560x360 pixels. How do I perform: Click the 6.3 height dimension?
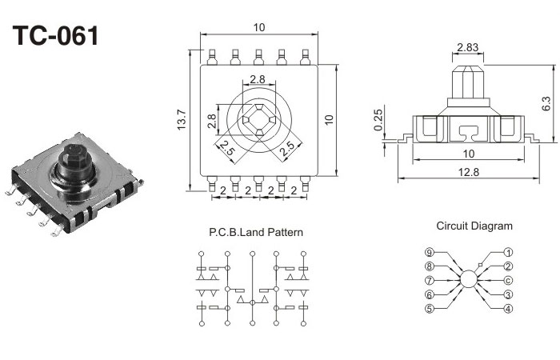tap(546, 104)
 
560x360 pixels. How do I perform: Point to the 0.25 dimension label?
tap(378, 125)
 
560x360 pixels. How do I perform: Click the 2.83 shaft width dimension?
tap(468, 47)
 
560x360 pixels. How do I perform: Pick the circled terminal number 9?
tap(430, 252)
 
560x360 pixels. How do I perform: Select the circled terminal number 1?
tap(508, 252)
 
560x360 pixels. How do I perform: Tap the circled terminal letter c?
tap(508, 280)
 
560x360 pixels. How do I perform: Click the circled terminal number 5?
tap(430, 309)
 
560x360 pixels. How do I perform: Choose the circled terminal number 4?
tap(508, 309)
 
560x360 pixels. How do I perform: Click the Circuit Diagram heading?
tap(474, 226)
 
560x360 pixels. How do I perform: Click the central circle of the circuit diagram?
tap(469, 280)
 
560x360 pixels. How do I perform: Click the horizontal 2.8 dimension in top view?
tap(258, 79)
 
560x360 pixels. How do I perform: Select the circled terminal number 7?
tap(430, 281)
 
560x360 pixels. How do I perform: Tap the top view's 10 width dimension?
tap(258, 27)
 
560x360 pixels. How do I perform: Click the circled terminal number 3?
tap(508, 294)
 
